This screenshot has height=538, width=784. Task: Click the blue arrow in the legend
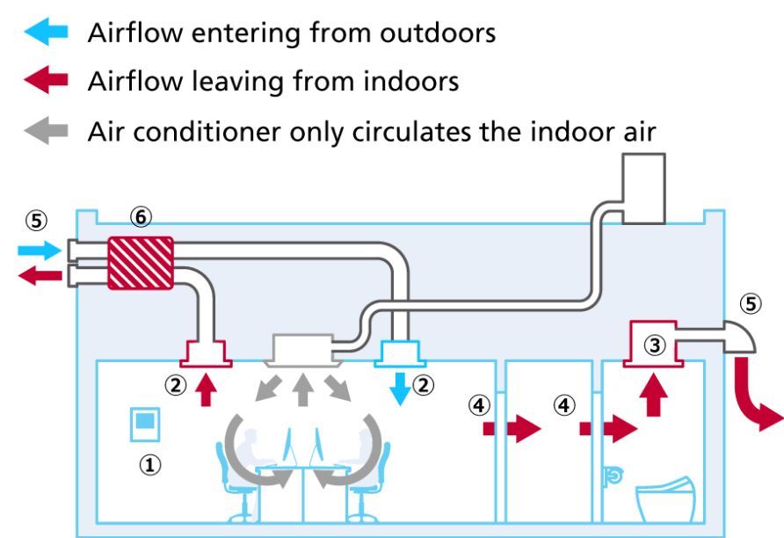click(x=46, y=32)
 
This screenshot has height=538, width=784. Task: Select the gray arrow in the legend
click(x=46, y=130)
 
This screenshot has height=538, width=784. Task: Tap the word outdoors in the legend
click(x=438, y=33)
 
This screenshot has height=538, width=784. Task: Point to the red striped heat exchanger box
click(x=141, y=263)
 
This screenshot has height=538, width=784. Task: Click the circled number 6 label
click(x=141, y=217)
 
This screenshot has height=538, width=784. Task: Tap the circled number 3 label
click(x=655, y=345)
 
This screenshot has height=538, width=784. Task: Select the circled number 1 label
click(x=150, y=465)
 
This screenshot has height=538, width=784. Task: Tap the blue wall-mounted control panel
click(x=145, y=425)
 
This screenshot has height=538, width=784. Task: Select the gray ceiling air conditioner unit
click(x=302, y=350)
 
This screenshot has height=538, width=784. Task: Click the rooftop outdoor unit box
click(x=644, y=188)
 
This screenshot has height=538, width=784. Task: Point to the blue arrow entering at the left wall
click(x=40, y=250)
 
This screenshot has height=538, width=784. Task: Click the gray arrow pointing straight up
click(x=302, y=389)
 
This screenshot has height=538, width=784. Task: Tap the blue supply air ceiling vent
click(x=400, y=353)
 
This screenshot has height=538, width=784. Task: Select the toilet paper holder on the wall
click(x=613, y=476)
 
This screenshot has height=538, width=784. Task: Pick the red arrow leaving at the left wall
click(x=40, y=275)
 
